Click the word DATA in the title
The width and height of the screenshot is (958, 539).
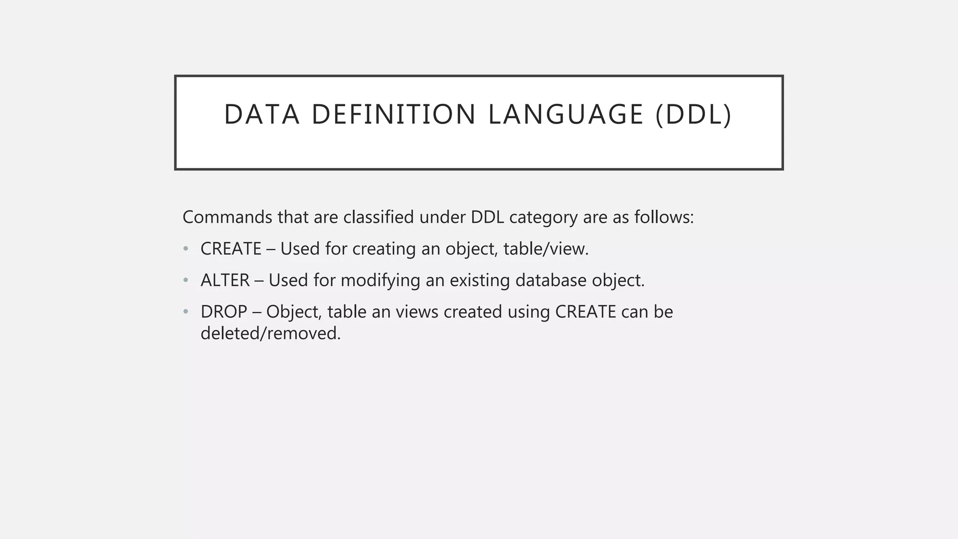[261, 115]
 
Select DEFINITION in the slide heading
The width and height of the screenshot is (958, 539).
[393, 115]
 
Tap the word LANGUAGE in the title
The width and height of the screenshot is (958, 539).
[566, 115]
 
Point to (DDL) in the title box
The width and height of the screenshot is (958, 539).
[693, 115]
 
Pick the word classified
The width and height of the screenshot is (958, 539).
[378, 217]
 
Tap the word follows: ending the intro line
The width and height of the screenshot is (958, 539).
[664, 217]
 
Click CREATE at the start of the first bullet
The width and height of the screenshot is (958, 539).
[231, 248]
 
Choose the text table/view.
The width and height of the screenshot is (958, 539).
[546, 248]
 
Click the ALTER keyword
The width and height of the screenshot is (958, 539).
[225, 280]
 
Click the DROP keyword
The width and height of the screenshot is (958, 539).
[224, 312]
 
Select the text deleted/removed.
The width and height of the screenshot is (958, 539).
[270, 333]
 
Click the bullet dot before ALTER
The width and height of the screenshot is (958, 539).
[186, 280]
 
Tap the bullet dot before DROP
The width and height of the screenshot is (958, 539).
[186, 312]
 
